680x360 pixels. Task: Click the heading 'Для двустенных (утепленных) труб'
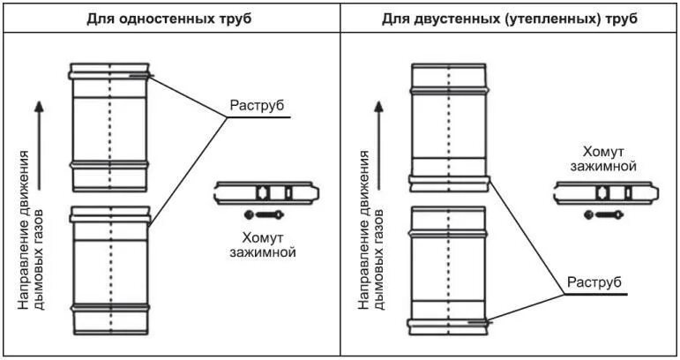point(509,18)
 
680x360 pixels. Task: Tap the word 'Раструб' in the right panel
point(594,282)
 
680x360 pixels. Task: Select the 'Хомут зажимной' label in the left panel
point(268,244)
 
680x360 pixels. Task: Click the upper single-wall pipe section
point(109,127)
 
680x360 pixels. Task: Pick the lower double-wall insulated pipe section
point(449,269)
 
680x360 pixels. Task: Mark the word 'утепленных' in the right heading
point(537,18)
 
